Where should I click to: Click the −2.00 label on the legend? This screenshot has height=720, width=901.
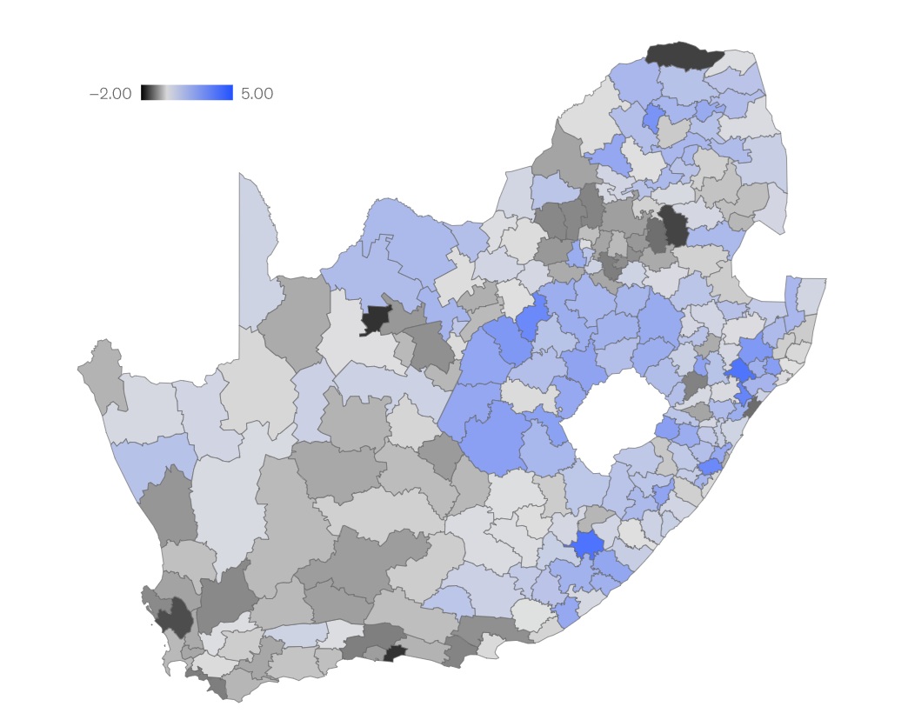[110, 93]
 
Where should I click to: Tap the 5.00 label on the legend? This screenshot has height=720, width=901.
[257, 93]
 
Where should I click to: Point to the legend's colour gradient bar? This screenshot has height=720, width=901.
[186, 92]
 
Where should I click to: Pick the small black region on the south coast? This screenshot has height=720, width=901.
[396, 653]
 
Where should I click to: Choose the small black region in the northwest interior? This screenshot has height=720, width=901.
[376, 318]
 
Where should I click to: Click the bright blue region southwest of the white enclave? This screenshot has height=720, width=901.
[588, 544]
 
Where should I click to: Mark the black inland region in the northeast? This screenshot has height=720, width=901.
[674, 226]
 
